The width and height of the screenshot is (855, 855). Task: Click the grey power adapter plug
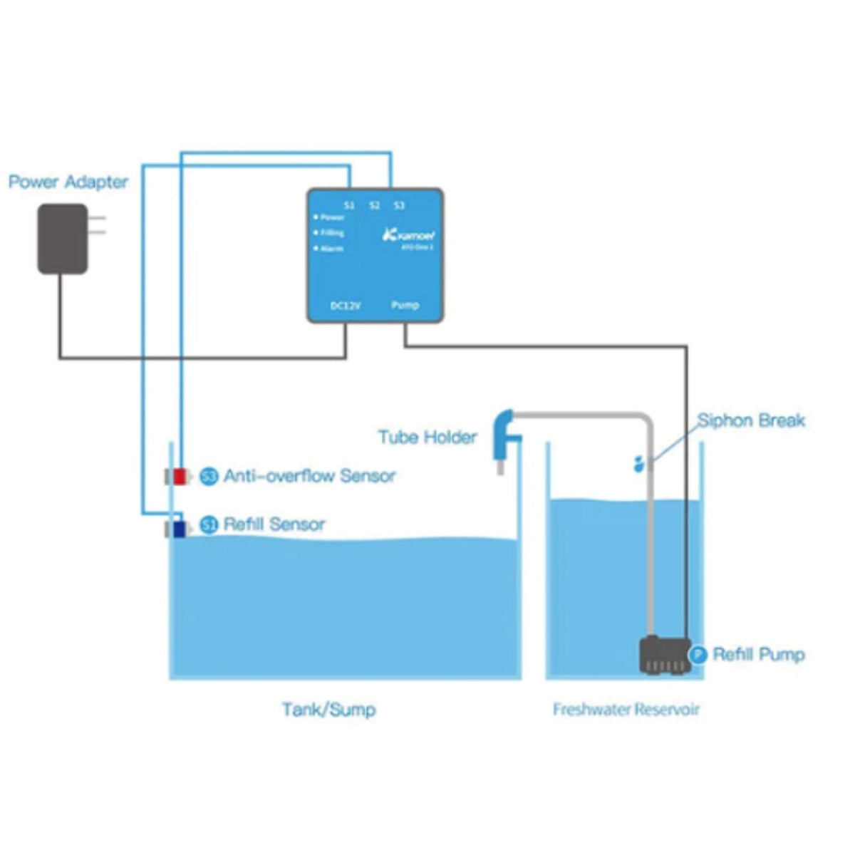pos(63,239)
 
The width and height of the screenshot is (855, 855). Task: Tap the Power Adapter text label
pos(68,182)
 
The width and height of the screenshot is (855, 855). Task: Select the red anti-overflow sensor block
pos(179,476)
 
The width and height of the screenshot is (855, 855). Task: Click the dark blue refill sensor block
pos(178,529)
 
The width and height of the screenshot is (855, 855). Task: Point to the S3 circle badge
pos(209,476)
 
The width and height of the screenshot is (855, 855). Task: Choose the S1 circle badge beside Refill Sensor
pos(209,525)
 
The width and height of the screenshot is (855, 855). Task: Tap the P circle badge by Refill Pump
pos(699,654)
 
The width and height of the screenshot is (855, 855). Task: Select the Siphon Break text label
pos(751,420)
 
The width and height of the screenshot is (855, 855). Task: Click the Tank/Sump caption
pos(328,710)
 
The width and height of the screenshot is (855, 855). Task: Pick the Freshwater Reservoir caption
pos(626,710)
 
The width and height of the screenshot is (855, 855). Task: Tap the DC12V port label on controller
pos(346,306)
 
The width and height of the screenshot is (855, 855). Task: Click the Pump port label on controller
pos(405,305)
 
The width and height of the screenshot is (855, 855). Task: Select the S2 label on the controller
pos(375,205)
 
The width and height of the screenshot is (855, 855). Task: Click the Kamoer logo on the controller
pos(410,234)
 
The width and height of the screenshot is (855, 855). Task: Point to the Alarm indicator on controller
pos(329,249)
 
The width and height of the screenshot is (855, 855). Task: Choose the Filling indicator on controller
pos(330,233)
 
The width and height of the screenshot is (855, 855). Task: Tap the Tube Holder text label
pos(427,437)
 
